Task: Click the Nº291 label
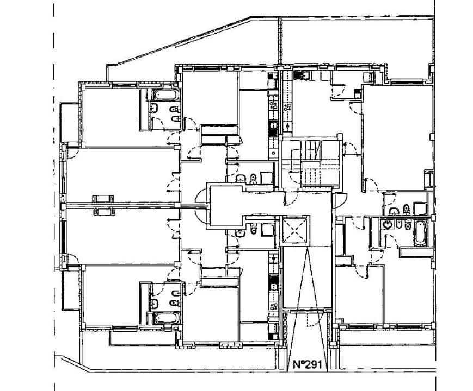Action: point(306,365)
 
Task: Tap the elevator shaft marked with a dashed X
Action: point(294,231)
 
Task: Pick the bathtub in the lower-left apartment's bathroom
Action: point(164,317)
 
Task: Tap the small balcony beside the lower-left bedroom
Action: point(70,290)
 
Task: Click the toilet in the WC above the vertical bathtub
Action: point(406,208)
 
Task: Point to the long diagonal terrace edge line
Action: point(180,41)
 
